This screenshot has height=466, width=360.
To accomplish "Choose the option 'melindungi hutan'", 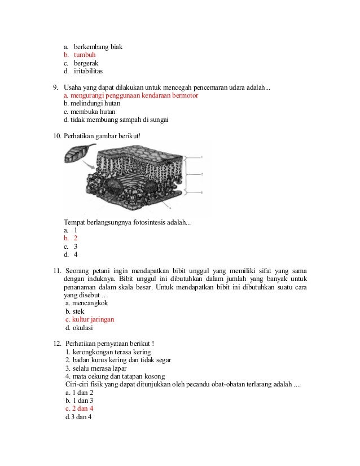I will [x=91, y=104].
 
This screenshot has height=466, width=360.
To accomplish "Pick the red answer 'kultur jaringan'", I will [x=90, y=319].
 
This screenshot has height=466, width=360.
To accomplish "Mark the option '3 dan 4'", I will [x=79, y=417].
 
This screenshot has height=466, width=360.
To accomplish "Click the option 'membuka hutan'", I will [x=90, y=112].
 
